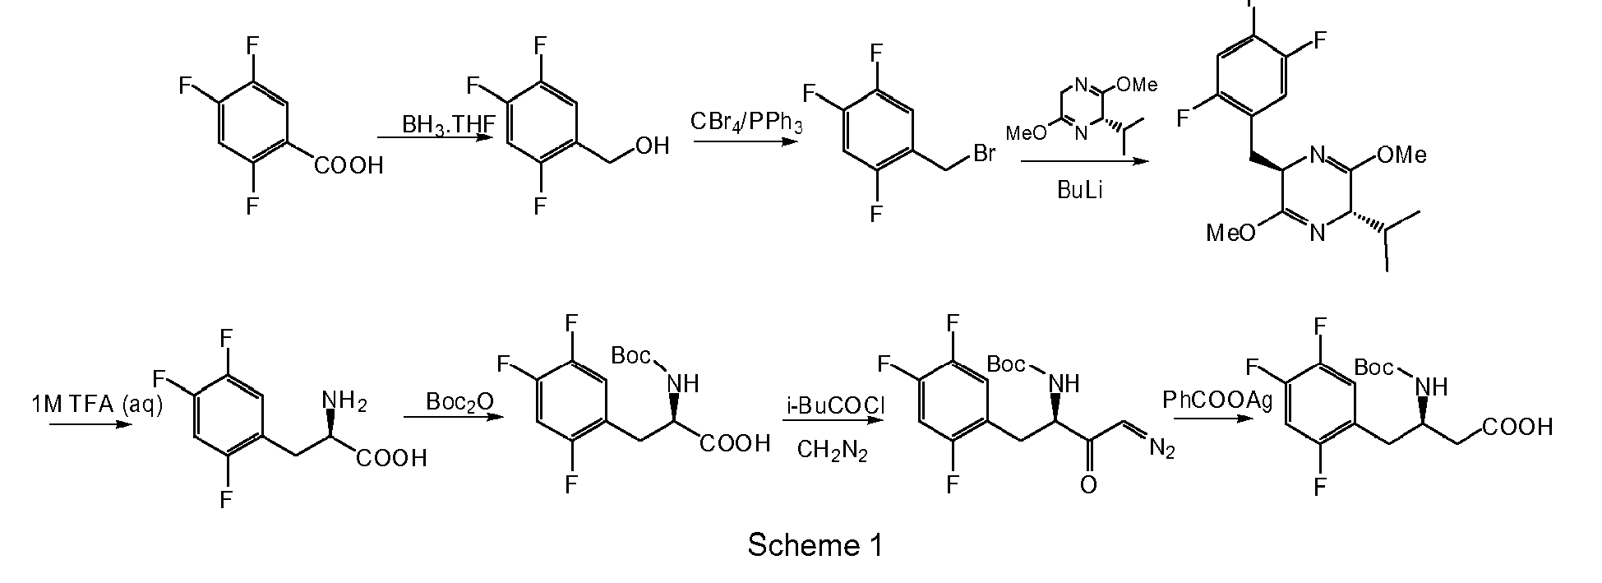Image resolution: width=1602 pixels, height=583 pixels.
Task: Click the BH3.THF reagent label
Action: coord(448,124)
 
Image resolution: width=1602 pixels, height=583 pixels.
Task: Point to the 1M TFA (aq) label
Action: coord(97,405)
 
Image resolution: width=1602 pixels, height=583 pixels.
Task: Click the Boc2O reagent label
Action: coord(459,402)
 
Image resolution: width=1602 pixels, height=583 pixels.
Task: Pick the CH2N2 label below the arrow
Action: coord(832,451)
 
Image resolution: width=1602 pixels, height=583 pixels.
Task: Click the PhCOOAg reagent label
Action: coord(1217,400)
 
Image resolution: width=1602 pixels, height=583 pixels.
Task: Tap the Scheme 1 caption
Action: coord(815,544)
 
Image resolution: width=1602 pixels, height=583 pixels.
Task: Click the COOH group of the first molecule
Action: coord(349,166)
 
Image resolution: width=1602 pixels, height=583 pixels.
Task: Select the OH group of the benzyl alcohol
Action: coord(652,146)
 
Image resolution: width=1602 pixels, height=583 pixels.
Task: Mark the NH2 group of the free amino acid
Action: coord(344,400)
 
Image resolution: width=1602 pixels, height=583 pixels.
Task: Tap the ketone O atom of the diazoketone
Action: coord(1087,485)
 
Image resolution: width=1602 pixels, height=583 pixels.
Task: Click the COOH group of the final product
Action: coord(1517,428)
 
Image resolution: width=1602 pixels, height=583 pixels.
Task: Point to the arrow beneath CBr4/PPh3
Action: coord(746,142)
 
